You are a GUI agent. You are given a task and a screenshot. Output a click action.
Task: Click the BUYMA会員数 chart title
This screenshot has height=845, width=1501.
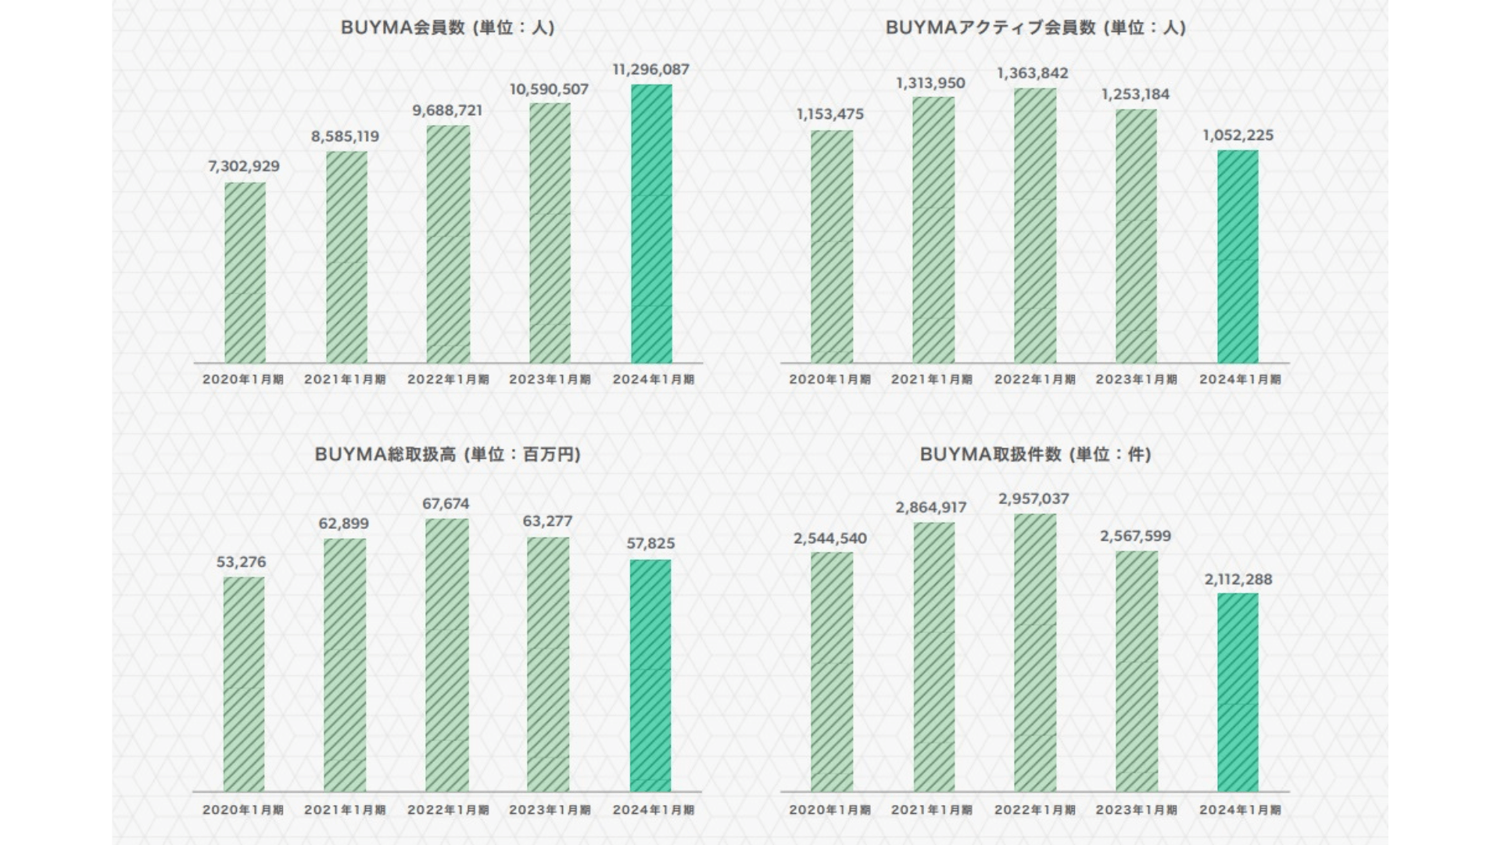pos(447,27)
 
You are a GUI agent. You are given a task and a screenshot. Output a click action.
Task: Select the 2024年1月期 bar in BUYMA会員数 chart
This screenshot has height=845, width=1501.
pos(651,224)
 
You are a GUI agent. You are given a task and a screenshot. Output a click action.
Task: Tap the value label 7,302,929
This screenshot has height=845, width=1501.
pos(244,166)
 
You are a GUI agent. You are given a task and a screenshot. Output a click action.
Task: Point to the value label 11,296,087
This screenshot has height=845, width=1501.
pos(651,70)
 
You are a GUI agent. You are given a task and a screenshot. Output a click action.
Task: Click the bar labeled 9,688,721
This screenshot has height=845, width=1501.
pos(448,244)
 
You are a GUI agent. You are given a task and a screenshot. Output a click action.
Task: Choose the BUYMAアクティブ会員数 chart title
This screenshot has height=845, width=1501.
pos(1035,27)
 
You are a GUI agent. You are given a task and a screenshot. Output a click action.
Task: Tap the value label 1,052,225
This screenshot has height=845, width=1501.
pos(1238,135)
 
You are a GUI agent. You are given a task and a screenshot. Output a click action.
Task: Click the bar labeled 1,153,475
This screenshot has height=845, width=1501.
pos(832,246)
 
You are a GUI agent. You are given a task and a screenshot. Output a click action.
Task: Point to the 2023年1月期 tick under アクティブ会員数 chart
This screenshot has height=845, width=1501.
pos(1136,379)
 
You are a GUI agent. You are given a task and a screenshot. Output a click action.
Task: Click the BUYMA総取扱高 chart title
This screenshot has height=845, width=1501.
pos(447,455)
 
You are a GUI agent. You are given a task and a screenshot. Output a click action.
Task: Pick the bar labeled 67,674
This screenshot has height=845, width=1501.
pos(447,655)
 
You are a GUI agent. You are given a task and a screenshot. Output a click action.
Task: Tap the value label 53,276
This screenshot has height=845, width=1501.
pos(242,562)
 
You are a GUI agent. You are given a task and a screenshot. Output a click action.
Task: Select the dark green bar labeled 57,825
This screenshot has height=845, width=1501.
pos(650,675)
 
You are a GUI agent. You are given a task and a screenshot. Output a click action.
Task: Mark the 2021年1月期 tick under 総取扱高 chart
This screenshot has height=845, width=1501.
pos(345,810)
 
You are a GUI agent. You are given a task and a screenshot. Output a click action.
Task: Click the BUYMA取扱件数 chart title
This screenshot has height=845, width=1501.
pos(1035,455)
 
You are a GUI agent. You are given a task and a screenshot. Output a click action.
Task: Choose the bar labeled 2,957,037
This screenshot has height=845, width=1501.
pos(1035,653)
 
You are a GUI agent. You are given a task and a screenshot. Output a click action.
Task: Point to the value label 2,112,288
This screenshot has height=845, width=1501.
pos(1238,580)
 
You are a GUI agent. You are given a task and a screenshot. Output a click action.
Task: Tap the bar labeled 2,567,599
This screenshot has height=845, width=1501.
pos(1137,671)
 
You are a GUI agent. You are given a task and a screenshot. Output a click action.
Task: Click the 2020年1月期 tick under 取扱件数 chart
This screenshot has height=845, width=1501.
pos(829,810)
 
